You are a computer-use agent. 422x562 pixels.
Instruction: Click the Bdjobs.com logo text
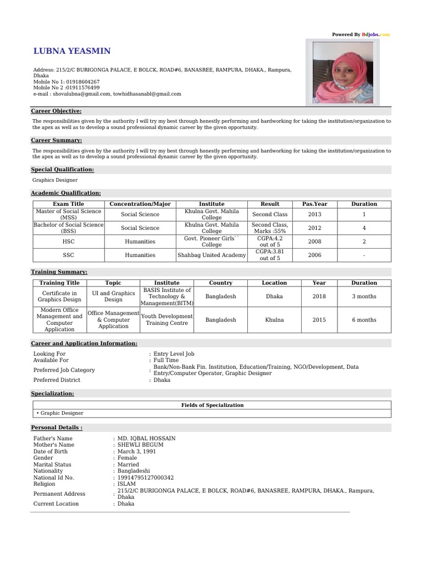376,35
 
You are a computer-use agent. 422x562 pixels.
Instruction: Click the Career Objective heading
56,111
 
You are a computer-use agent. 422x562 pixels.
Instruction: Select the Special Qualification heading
62,170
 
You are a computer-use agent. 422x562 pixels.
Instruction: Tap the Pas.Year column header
314,204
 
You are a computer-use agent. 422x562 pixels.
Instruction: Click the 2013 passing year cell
314,215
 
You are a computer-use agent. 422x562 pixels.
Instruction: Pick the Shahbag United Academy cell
212,255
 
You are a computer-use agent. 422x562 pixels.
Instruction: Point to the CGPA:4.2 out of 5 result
270,241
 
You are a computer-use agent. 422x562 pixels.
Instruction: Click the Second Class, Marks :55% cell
270,228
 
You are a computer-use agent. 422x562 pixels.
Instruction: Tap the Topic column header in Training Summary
113,283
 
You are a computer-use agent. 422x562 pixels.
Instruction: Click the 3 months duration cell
364,296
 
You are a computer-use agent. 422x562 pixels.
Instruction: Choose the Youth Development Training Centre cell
167,319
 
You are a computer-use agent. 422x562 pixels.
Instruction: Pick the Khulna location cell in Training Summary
274,319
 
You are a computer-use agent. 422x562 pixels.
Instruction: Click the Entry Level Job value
174,354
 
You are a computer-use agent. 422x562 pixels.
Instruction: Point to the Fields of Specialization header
212,405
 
